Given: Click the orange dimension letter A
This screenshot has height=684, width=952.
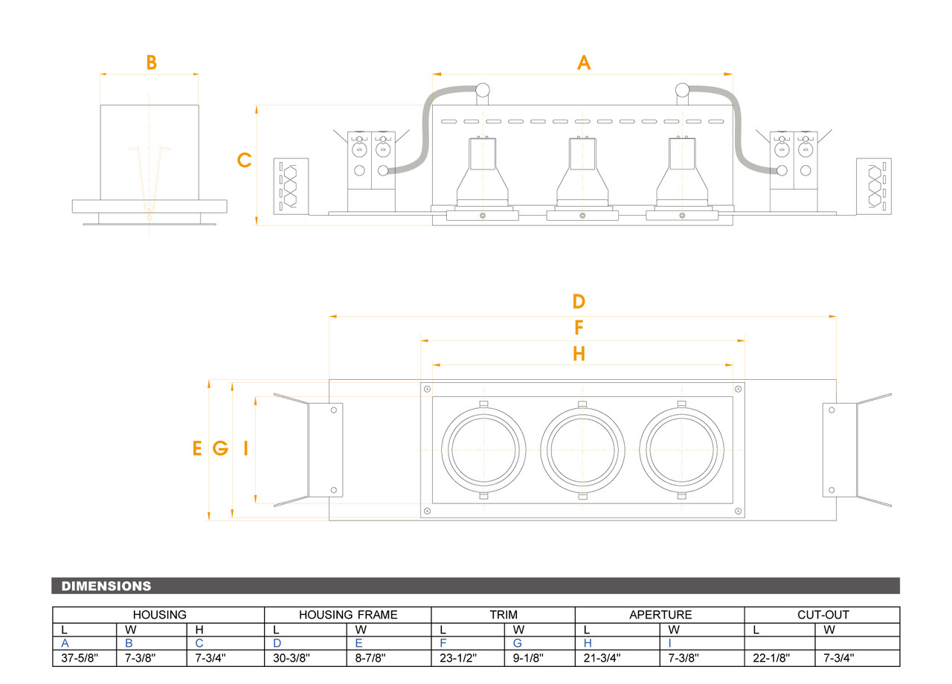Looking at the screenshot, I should point(584,63).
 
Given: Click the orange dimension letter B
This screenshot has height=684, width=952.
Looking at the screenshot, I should point(151,63).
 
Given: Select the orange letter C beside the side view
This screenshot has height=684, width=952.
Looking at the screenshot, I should point(244,161).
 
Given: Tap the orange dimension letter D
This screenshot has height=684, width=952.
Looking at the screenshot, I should point(579,302).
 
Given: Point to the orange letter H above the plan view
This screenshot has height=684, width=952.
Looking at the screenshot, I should point(579,354).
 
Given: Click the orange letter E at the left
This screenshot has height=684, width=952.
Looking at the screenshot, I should point(197,448).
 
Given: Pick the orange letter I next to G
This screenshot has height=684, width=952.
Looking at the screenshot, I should point(245,448).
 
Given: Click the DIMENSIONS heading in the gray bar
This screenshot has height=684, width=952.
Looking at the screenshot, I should point(106,587).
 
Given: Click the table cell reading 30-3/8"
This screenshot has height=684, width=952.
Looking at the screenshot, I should point(293,658).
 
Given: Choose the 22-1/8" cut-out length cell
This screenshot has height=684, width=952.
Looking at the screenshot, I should point(771,658).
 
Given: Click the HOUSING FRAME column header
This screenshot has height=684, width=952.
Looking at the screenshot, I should point(348,615).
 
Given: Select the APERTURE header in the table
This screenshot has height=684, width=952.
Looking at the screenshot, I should point(660,615).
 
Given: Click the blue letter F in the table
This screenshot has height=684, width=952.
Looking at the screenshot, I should point(443,644).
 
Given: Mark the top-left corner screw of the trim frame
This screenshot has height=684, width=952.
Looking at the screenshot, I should point(427,389).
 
